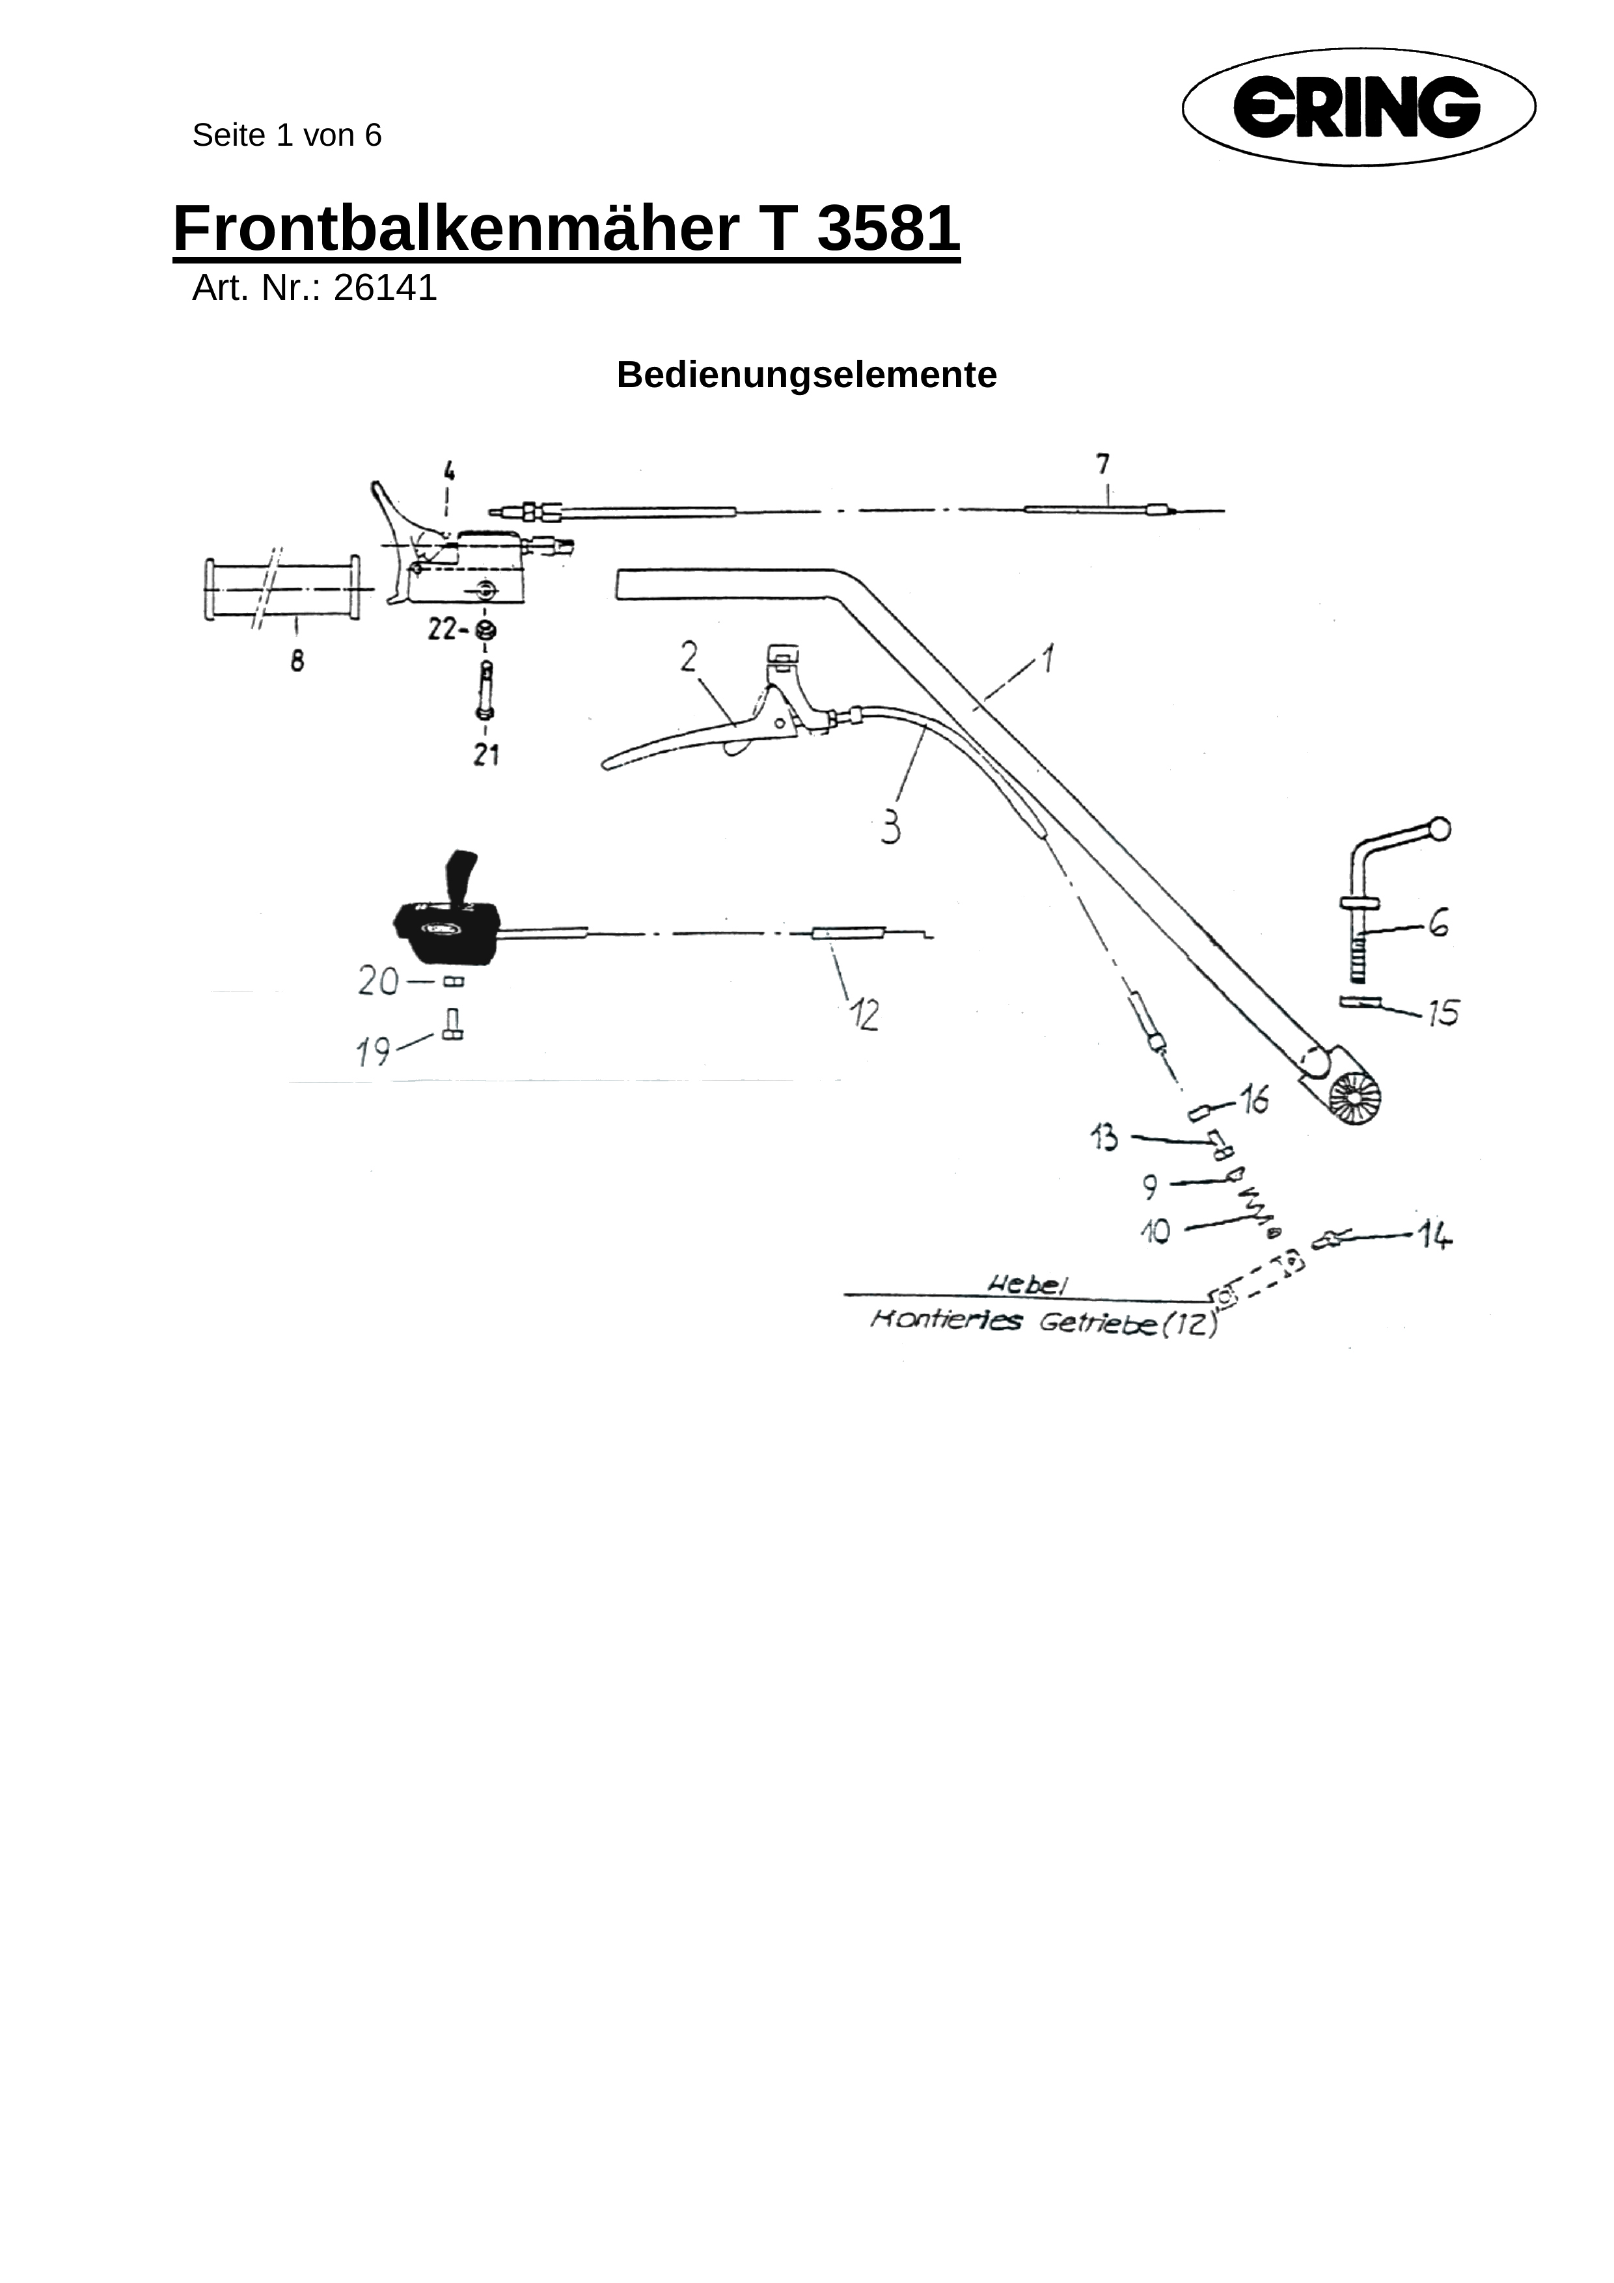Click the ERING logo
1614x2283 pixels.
point(1358,107)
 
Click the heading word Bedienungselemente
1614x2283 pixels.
point(806,375)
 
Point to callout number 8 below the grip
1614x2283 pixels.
point(297,660)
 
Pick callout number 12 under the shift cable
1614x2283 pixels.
point(864,1015)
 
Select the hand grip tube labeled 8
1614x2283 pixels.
point(281,589)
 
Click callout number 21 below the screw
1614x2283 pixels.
point(486,756)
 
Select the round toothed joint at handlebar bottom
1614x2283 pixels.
point(1354,1101)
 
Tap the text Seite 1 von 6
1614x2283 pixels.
point(286,135)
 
